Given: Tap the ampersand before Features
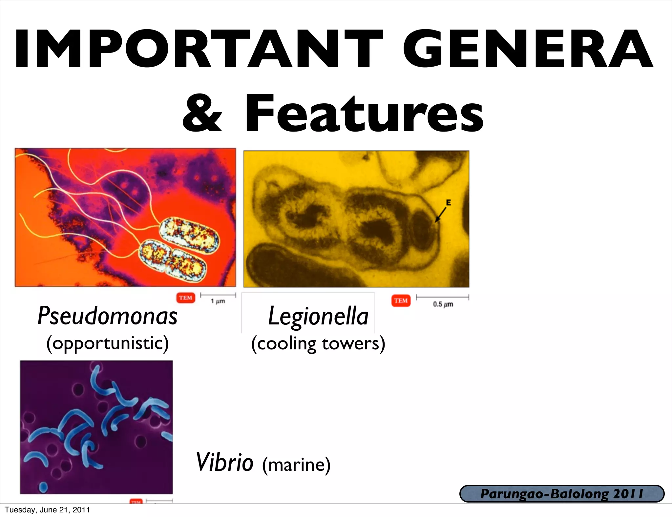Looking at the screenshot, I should (x=202, y=113).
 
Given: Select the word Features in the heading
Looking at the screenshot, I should (x=364, y=113).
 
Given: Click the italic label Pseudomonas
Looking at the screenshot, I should (x=108, y=316).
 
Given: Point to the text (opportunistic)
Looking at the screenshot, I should (x=108, y=343).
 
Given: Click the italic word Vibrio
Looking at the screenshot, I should (x=224, y=462).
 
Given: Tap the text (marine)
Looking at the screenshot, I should (x=296, y=465).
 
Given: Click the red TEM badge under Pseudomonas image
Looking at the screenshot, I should (x=186, y=298).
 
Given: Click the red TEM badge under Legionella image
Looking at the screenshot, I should (x=401, y=300).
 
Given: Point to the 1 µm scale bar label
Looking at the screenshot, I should (x=218, y=301).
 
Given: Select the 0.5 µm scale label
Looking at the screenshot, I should (x=443, y=304).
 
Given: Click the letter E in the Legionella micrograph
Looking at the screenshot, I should (x=448, y=203).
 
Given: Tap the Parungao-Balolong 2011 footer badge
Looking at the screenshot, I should (x=562, y=494).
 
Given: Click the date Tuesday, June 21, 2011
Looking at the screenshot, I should (x=47, y=510).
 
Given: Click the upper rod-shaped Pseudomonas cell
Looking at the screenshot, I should (x=189, y=235).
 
